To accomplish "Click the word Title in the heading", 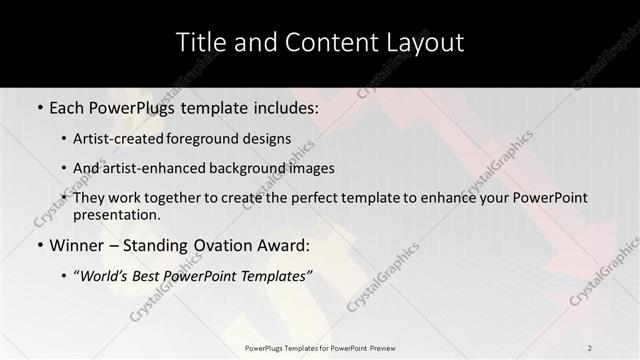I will (199, 43).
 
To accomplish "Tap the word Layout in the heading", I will (421, 43).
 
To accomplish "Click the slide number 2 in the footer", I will (590, 347).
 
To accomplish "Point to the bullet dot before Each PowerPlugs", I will (39, 106).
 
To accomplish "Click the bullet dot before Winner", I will (39, 245).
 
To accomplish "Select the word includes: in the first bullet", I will (283, 106).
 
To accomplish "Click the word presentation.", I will (118, 214).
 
